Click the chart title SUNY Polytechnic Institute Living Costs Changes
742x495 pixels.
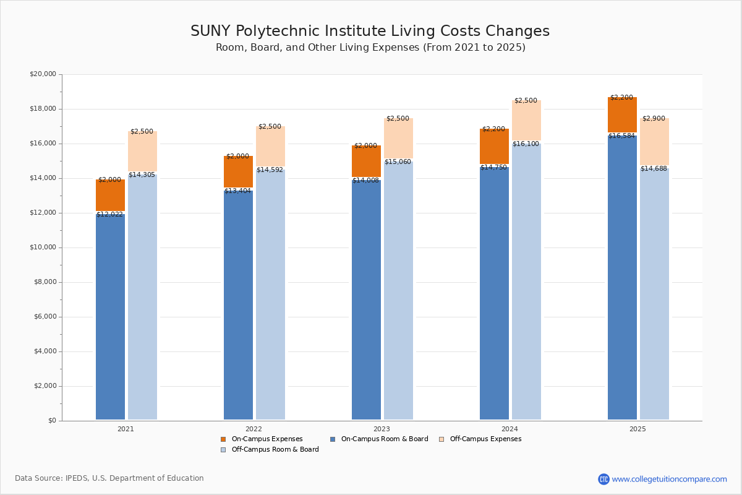click(x=370, y=32)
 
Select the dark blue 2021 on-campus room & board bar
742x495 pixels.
click(x=110, y=316)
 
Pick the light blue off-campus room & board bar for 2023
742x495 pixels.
click(x=398, y=291)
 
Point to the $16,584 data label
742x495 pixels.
click(x=621, y=136)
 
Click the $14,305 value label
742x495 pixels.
click(x=142, y=175)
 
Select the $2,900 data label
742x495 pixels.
click(x=654, y=119)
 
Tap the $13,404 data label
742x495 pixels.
click(x=238, y=191)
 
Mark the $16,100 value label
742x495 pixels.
click(x=526, y=144)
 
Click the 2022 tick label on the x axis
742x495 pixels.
click(x=254, y=429)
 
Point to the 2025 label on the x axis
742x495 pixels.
click(x=638, y=429)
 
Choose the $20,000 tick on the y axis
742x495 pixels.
click(x=43, y=74)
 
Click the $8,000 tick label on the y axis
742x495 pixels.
click(x=45, y=282)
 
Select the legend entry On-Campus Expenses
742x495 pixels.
click(x=267, y=439)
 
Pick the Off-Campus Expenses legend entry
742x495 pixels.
click(x=485, y=439)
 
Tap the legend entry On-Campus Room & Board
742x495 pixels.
click(x=384, y=439)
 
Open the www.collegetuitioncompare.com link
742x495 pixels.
click(x=669, y=479)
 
